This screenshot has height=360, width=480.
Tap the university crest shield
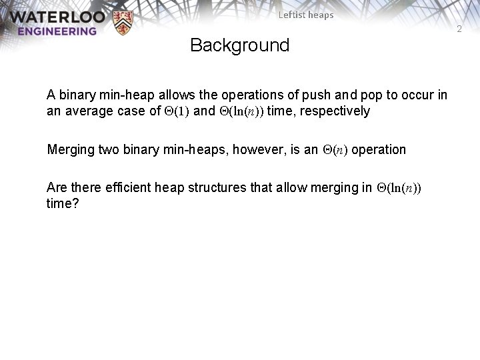(x=124, y=23)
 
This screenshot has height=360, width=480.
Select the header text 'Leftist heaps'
(x=306, y=15)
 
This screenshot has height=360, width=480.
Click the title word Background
(x=239, y=46)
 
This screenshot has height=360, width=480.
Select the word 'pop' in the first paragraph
(x=383, y=95)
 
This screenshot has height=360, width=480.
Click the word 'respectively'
(x=337, y=111)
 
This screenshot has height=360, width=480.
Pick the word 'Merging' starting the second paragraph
(x=71, y=149)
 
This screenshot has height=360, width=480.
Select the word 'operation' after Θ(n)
(x=379, y=149)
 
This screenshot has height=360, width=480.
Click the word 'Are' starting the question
(x=57, y=188)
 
